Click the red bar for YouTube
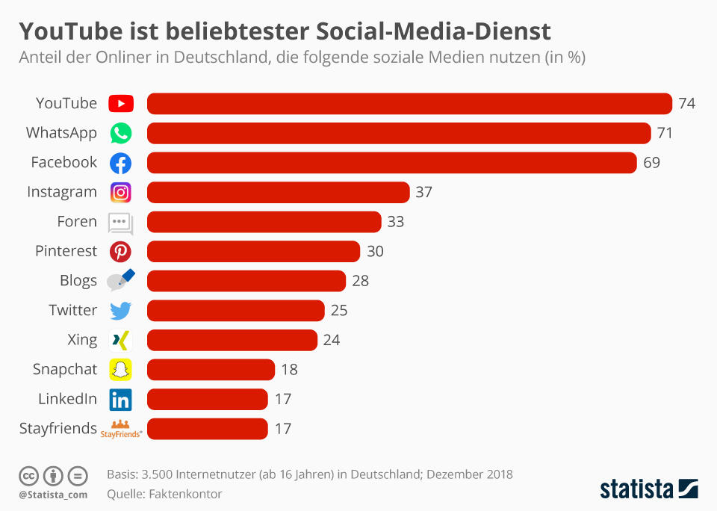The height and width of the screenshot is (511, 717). [409, 103]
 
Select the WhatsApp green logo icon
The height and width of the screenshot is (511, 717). [120, 133]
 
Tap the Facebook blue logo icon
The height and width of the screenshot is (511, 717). [120, 163]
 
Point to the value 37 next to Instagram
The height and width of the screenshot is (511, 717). [423, 192]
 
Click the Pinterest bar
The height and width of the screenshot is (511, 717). [253, 251]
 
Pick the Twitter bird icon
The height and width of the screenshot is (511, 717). [120, 311]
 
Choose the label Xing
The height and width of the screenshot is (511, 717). [82, 340]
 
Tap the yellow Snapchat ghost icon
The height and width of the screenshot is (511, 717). [120, 370]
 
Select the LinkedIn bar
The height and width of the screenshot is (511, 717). [207, 399]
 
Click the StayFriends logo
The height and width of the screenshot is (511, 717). [120, 429]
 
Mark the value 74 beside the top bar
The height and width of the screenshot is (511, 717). [686, 103]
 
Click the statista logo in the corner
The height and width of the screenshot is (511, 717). [649, 489]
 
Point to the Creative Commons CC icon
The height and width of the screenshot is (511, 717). [29, 475]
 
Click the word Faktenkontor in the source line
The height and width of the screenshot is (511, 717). [185, 494]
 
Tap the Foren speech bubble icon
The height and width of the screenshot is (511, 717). [120, 223]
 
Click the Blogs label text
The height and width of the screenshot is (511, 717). [78, 281]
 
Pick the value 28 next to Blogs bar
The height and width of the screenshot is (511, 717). [360, 281]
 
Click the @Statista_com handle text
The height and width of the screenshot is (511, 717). [53, 494]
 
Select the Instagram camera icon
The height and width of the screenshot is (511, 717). [120, 192]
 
